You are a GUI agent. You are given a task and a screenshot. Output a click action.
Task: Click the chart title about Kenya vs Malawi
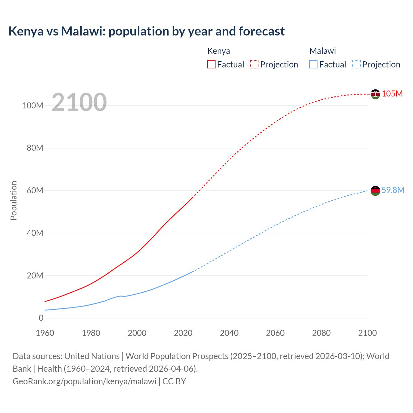click(x=146, y=31)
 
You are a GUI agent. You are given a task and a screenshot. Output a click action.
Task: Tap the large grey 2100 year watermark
click(x=79, y=102)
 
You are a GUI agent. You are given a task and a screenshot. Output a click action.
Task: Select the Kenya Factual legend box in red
click(x=211, y=64)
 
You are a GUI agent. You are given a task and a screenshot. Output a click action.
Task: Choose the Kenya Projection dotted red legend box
click(x=254, y=64)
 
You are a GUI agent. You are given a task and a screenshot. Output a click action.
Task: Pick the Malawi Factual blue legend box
click(x=313, y=64)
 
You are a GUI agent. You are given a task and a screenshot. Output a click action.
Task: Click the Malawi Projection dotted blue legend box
click(x=357, y=64)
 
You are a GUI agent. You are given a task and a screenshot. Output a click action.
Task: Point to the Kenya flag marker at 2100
click(x=375, y=94)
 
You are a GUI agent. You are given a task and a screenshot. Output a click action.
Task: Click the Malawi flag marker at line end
click(x=375, y=191)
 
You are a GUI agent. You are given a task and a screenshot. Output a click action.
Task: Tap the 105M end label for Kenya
click(x=392, y=94)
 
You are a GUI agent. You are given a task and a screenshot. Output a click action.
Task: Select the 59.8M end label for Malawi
click(x=393, y=190)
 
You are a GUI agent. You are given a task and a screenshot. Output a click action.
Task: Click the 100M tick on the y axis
click(x=33, y=106)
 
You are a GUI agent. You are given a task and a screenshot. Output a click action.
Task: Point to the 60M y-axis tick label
click(x=35, y=190)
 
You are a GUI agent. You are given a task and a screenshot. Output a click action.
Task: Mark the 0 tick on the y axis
click(x=41, y=318)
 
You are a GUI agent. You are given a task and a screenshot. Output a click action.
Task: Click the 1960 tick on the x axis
click(x=45, y=333)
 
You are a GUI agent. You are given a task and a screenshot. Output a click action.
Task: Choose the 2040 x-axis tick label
click(x=229, y=333)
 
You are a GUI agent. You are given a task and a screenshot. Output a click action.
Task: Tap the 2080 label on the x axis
click(x=321, y=333)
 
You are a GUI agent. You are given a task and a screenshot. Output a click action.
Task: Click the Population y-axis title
click(x=14, y=200)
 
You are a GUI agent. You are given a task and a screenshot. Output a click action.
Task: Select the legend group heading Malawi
click(x=322, y=51)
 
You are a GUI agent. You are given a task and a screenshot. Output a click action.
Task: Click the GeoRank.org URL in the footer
click(x=85, y=381)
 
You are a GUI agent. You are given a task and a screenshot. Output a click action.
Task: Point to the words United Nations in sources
click(x=92, y=356)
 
